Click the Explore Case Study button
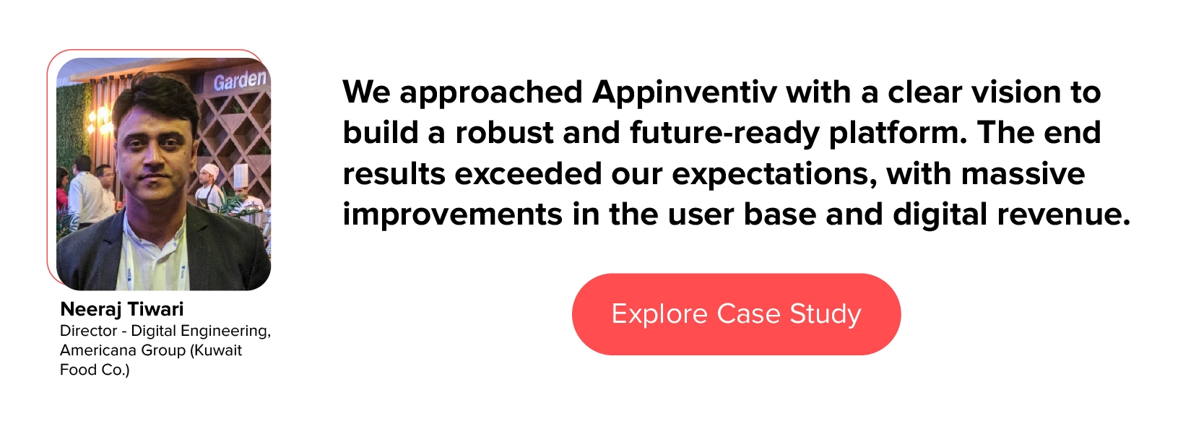coord(736,314)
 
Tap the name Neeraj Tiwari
coord(122,309)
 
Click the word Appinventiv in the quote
coord(684,93)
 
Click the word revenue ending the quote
coord(1064,214)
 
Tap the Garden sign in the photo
coord(240,80)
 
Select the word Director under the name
coord(88,331)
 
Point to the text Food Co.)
coord(95,370)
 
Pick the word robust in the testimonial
coord(504,133)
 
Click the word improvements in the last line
coord(453,214)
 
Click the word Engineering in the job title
coord(225,331)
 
